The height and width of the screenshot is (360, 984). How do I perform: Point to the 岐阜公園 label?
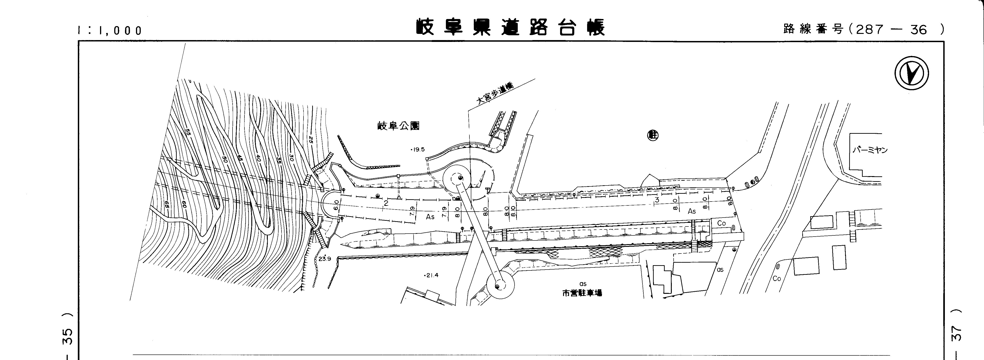(398, 126)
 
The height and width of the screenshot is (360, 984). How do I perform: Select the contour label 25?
(311, 140)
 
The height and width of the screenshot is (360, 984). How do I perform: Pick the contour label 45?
(239, 158)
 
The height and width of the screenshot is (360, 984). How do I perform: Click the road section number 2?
(386, 203)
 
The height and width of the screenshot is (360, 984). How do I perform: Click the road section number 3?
(657, 200)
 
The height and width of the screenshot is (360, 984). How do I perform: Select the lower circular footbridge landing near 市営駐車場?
(500, 285)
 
